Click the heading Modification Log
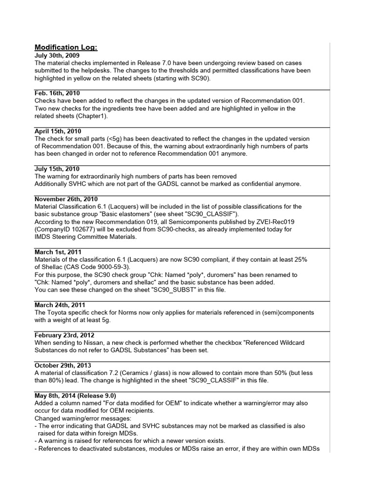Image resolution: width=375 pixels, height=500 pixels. [x=66, y=47]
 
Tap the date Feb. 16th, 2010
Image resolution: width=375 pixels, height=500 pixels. [x=57, y=93]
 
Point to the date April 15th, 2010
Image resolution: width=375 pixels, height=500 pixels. [x=58, y=131]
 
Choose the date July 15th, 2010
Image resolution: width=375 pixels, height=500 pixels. [x=56, y=169]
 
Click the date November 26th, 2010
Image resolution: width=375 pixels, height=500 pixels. [x=66, y=199]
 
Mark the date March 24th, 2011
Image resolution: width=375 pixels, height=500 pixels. [x=60, y=305]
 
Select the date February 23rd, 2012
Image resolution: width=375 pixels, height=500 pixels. [x=64, y=335]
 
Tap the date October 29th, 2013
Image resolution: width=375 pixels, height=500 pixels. [x=63, y=366]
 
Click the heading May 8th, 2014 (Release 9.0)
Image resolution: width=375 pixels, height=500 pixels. [x=75, y=396]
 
